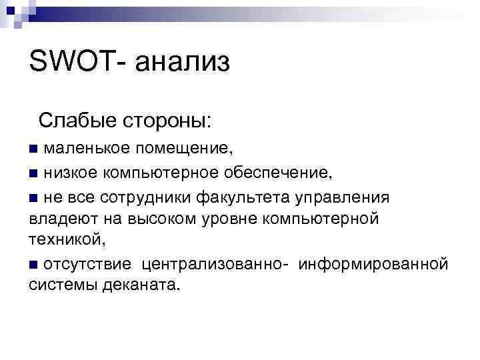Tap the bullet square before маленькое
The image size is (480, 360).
34,145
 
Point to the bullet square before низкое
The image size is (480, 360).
34,174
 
